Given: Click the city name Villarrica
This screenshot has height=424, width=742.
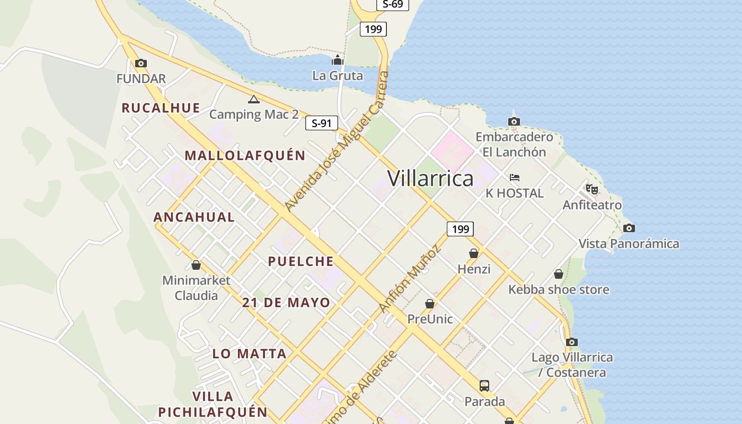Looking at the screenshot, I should tap(430, 179).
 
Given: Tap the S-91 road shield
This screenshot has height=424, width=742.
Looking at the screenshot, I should tap(322, 123).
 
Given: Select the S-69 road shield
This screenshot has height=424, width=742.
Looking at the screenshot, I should tap(392, 4).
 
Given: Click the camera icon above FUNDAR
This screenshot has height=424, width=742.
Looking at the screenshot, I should tap(140, 64).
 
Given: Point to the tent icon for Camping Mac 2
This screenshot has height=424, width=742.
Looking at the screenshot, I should tap(254, 99).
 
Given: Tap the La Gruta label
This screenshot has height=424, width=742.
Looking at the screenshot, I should tap(338, 76).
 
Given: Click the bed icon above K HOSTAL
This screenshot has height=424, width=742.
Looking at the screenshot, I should tap(514, 177).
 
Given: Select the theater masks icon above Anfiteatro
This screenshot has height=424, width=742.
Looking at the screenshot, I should tap(592, 189).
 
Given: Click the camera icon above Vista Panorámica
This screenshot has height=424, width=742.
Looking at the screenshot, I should tap(629, 228).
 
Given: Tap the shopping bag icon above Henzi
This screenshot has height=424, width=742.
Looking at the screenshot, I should tap(474, 254).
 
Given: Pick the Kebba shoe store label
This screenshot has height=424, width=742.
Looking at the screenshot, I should tap(559, 290).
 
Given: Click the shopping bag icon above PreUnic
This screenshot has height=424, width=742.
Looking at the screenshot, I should tap(430, 304).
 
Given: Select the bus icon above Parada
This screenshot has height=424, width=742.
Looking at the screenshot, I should tap(484, 386).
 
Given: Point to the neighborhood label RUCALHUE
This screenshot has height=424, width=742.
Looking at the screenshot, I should tap(161, 108).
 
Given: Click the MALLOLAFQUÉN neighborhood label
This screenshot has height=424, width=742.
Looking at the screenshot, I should tap(245, 156).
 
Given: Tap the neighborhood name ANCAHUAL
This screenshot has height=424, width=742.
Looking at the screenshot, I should tap(194, 217).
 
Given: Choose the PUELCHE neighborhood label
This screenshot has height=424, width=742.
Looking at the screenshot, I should tap(301, 261).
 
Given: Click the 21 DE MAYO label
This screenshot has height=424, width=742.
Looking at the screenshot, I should tap(286, 303).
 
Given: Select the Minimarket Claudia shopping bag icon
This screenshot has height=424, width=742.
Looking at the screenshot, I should tap(196, 265).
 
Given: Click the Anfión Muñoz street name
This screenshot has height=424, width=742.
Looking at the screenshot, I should tap(410, 278).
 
